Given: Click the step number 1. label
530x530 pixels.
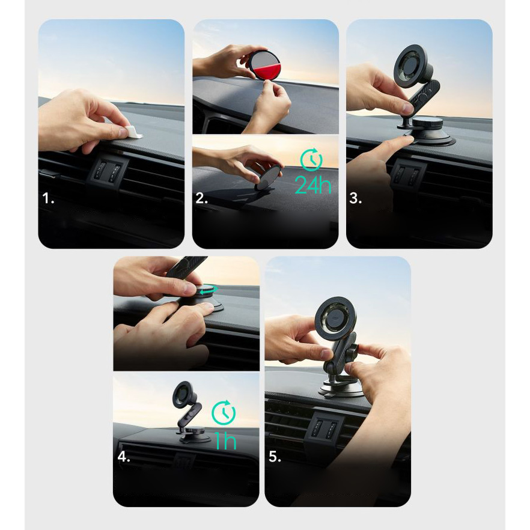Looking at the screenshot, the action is coord(48,198).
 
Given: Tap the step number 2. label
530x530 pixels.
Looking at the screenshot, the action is coord(201,198).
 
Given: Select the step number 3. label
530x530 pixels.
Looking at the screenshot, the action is coord(355,198).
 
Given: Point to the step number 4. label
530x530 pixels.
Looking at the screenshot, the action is coord(124,457).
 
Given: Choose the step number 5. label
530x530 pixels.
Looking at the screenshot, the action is coord(275,457).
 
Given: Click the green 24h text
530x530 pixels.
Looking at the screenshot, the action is coord(312,185).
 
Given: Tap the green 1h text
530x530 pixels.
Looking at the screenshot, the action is coord(225,441).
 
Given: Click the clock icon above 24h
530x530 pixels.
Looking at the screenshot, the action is coord(311,159).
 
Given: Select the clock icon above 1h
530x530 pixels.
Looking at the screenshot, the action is coord(224,412).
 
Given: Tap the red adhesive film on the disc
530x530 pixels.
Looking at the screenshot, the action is coord(268,70).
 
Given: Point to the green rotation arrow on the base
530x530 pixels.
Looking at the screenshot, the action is coord(208,290).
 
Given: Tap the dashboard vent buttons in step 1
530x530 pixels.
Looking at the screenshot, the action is coord(107,171).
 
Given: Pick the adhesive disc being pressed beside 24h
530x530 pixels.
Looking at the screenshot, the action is coord(268,177).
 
